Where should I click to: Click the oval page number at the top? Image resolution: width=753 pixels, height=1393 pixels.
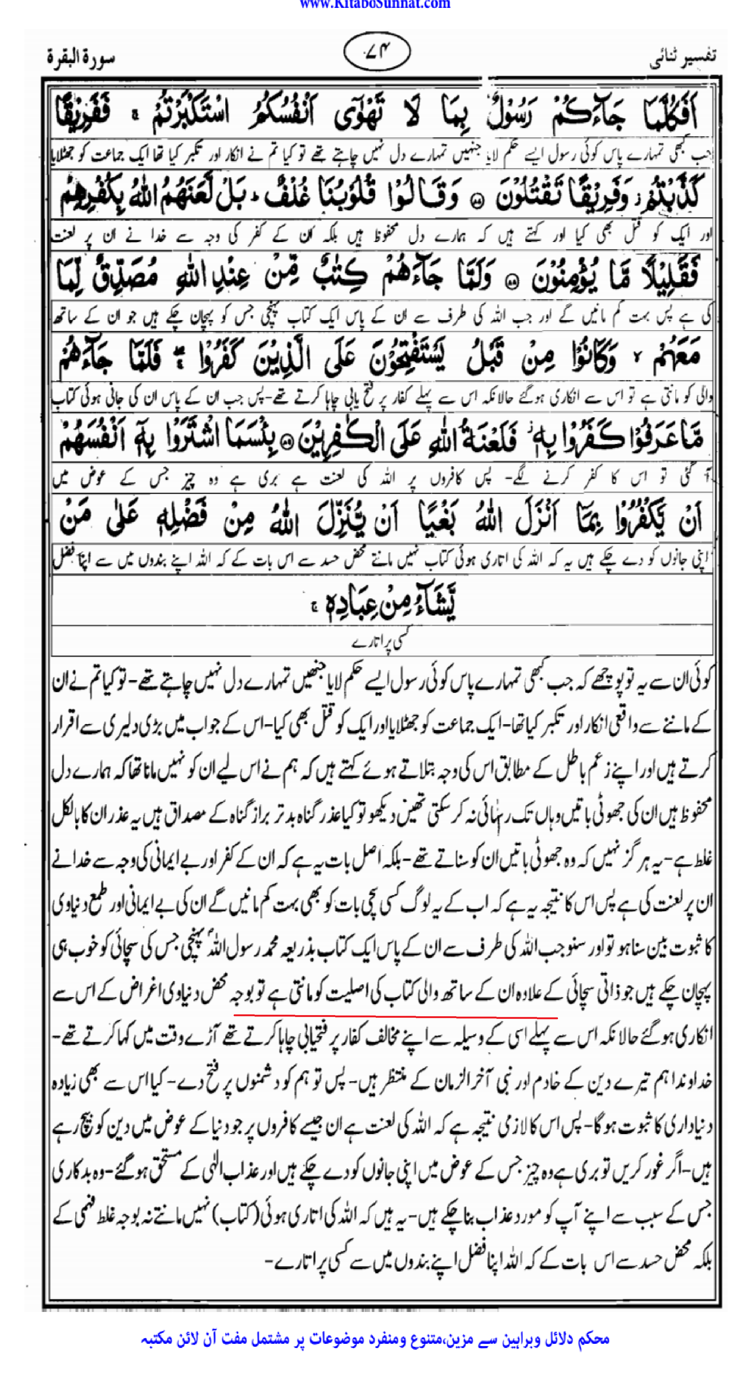tap(377, 51)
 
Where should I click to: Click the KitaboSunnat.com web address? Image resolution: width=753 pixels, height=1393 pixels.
tap(375, 5)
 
